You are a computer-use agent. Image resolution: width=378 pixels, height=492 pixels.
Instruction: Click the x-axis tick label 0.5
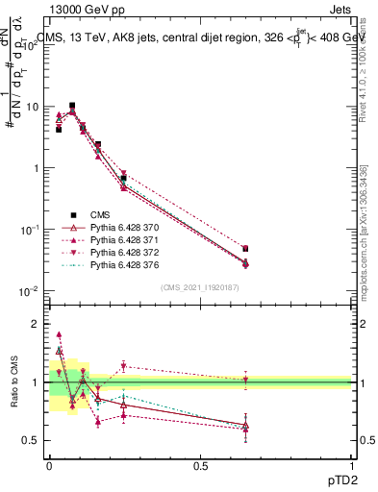[200, 465]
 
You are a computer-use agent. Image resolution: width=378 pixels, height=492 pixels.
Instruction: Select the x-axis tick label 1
[351, 465]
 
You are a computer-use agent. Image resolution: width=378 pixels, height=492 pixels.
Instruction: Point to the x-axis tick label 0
[49, 465]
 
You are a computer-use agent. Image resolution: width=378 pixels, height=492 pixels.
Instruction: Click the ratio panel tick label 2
[35, 324]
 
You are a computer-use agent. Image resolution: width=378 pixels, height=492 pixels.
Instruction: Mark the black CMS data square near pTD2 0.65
[245, 249]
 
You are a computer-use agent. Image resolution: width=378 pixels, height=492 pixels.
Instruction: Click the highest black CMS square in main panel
[72, 106]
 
